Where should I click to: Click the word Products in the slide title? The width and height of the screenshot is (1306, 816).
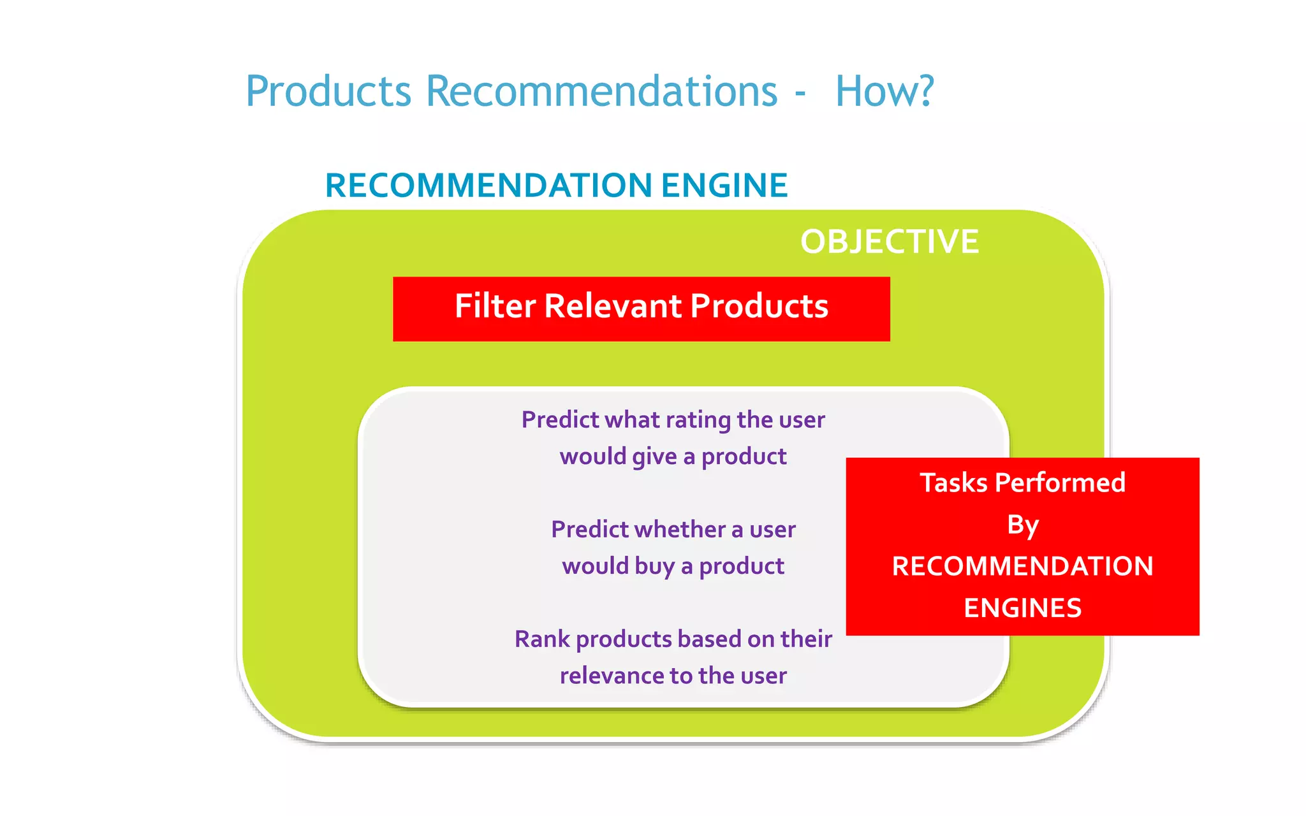(328, 91)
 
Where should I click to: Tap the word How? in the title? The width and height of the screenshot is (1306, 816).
(884, 91)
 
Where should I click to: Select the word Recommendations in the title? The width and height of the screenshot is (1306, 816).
(601, 91)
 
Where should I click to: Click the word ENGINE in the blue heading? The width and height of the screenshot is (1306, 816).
(724, 186)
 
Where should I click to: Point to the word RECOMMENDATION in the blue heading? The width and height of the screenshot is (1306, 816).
(488, 186)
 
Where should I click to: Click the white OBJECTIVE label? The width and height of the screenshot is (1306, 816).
(889, 242)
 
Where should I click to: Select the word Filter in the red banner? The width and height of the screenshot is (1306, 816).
(495, 306)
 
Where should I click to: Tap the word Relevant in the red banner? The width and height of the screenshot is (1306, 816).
(613, 306)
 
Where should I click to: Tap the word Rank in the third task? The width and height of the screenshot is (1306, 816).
(542, 639)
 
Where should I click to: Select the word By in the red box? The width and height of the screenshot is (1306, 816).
(1023, 525)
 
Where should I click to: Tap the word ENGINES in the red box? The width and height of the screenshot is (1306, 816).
(1023, 608)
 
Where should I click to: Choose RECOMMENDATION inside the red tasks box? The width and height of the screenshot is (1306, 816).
(1023, 567)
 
